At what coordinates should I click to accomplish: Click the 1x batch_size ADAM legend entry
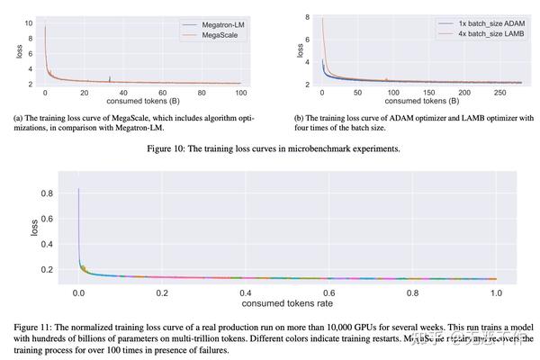pos(478,21)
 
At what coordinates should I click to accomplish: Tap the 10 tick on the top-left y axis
pos(29,22)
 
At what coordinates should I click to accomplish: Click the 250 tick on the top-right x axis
pos(500,94)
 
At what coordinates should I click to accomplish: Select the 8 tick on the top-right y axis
pos(307,17)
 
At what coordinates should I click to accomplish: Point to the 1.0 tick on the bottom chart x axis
pos(494,292)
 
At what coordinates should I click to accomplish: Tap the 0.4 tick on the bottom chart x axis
pos(245,292)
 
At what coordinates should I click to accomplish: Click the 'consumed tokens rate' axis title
pos(286,304)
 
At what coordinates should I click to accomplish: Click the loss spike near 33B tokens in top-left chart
pos(109,78)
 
